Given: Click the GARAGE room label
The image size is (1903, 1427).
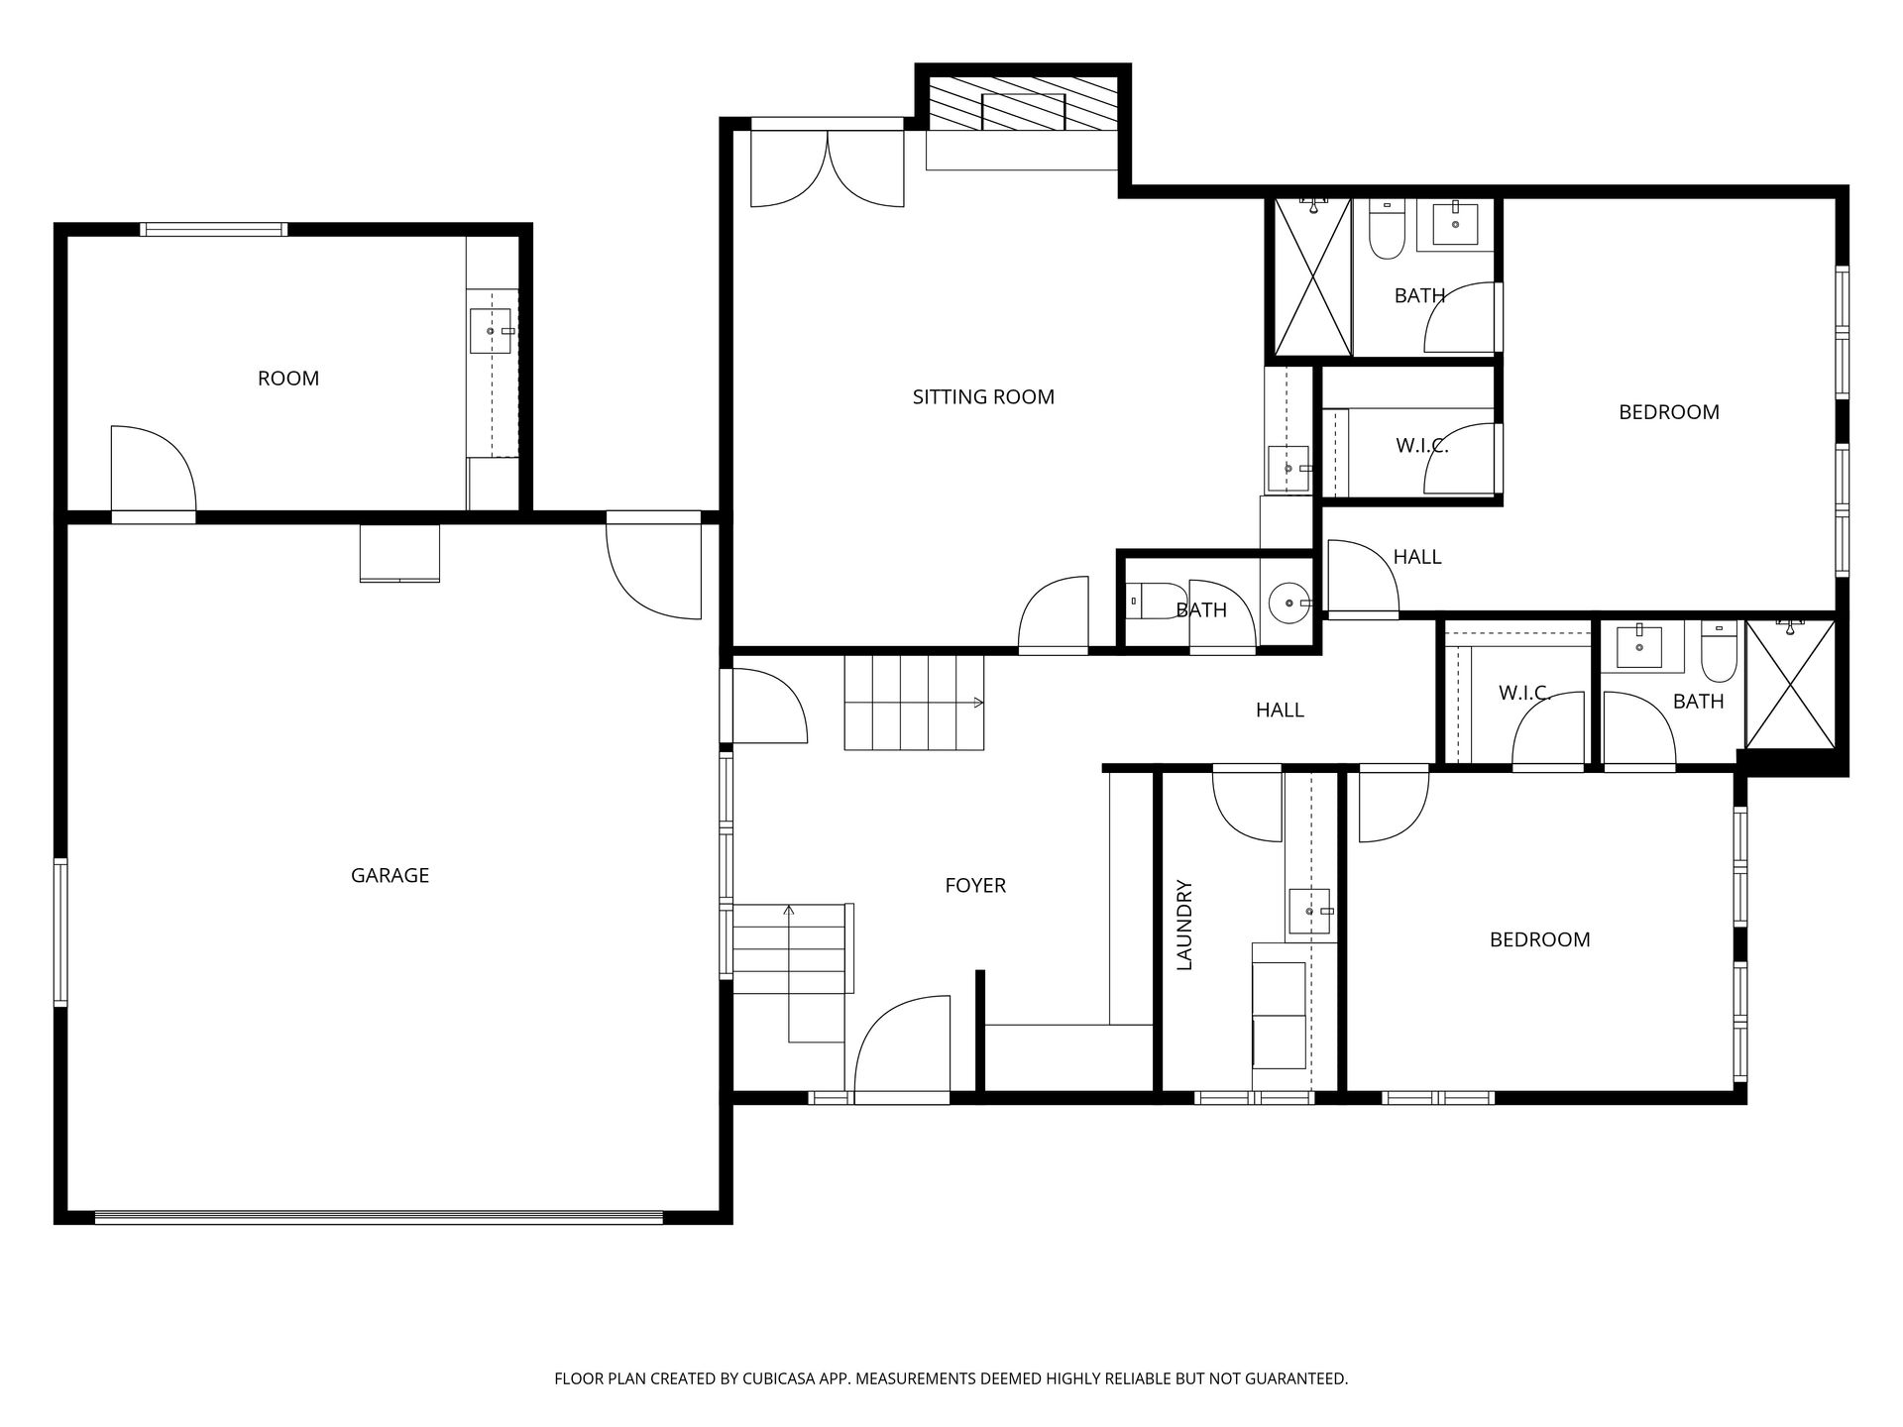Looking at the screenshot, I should point(390,875).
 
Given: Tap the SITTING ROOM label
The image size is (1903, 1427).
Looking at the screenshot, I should point(983,397).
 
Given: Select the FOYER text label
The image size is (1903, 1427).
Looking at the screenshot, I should point(975,886).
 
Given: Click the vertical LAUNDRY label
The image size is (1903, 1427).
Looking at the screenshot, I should point(1184,925).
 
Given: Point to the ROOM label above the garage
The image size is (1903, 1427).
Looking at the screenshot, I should point(288,379).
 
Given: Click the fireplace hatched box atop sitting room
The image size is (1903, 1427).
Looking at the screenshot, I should point(1023,101).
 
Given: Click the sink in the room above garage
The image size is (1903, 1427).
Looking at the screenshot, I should point(492,331).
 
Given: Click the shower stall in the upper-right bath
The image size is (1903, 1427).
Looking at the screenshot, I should point(1312,277).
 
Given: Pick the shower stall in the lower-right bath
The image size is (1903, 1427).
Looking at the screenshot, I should point(1790,684).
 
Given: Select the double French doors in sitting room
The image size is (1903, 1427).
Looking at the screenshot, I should point(828,168).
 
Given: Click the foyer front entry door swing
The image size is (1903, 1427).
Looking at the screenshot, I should point(900,1050).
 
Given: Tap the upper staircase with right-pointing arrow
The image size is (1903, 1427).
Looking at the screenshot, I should point(912,703).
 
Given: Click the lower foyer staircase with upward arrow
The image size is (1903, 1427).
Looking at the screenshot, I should point(790,949).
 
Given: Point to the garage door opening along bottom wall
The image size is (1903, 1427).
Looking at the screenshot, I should point(379,1217).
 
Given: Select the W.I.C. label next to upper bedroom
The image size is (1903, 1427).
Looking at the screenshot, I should point(1421,447).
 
